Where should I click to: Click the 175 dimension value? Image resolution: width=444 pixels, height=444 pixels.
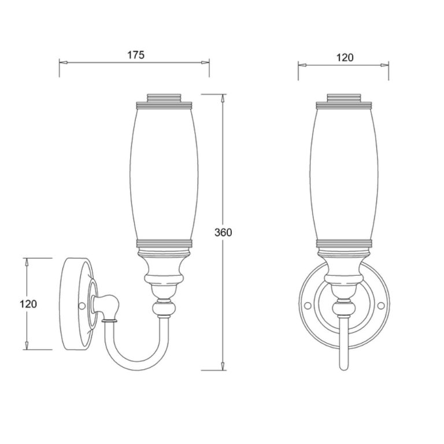tap(136, 55)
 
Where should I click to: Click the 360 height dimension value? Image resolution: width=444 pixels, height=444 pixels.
tap(223, 232)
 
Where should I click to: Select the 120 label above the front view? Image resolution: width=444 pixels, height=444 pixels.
tap(345, 58)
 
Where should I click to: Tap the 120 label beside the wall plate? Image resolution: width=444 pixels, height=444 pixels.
tap(28, 304)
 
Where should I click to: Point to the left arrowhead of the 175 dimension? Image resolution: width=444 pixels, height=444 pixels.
tap(63, 62)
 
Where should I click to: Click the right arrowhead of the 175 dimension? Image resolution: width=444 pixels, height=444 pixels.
tap(205, 62)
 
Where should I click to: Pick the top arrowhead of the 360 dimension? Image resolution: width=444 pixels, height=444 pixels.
tap(223, 98)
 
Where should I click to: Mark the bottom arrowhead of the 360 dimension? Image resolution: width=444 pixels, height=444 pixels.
tap(223, 366)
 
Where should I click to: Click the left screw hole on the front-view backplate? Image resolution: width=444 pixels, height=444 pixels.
tap(307, 305)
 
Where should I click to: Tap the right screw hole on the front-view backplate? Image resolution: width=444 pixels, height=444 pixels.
tap(381, 305)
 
